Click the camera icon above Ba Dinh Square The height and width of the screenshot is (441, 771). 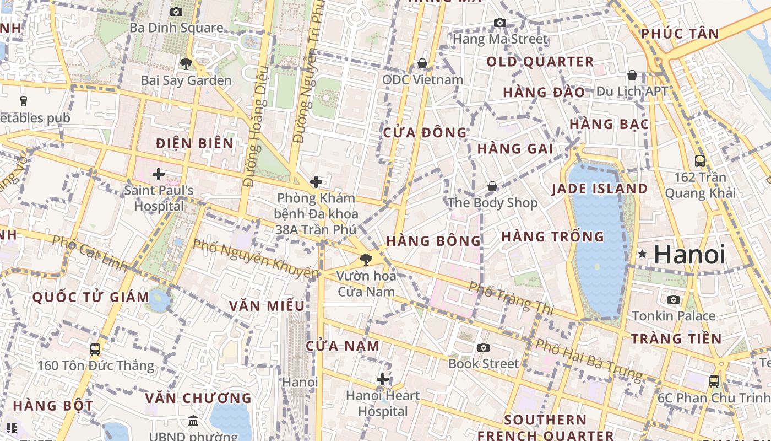(176, 12)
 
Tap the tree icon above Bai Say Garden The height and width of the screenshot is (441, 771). (186, 63)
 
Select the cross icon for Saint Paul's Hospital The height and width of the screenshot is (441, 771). (159, 174)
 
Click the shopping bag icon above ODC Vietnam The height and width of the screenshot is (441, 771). (422, 63)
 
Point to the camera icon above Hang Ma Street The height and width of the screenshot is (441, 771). (500, 23)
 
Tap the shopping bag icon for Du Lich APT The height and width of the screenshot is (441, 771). (632, 74)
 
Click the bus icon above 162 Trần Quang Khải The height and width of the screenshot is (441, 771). (700, 161)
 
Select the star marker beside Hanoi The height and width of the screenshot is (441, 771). (642, 254)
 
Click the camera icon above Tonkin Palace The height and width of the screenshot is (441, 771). (674, 299)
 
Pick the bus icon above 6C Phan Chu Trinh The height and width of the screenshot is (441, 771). (714, 381)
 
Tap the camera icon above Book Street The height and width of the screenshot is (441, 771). (484, 347)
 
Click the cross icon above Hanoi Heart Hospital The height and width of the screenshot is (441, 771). (383, 379)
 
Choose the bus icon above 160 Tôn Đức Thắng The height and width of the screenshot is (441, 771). (95, 349)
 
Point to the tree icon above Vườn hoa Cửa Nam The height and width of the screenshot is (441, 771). (366, 259)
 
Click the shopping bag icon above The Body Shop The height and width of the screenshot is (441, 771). (492, 186)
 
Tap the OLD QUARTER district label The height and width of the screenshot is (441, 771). (540, 62)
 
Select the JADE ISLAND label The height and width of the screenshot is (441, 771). (600, 189)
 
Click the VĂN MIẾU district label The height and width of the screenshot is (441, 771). (267, 306)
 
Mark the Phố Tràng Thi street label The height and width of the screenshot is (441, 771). (511, 298)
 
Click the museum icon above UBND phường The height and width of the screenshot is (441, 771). (193, 421)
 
